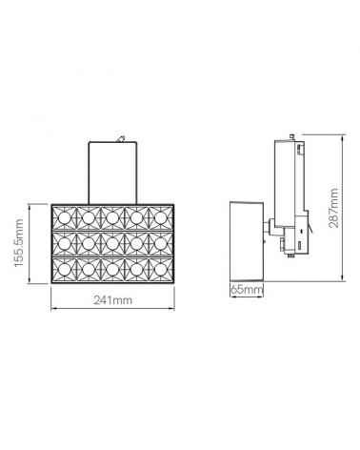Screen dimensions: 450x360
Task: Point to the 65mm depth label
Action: click(248, 289)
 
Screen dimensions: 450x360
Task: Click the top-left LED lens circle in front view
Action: click(65, 216)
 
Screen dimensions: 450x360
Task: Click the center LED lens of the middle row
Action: click(110, 243)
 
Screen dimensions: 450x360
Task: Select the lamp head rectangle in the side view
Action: click(246, 238)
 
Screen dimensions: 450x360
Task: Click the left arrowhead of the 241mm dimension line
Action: click(53, 308)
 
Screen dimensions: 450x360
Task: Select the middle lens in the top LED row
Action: click(110, 216)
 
